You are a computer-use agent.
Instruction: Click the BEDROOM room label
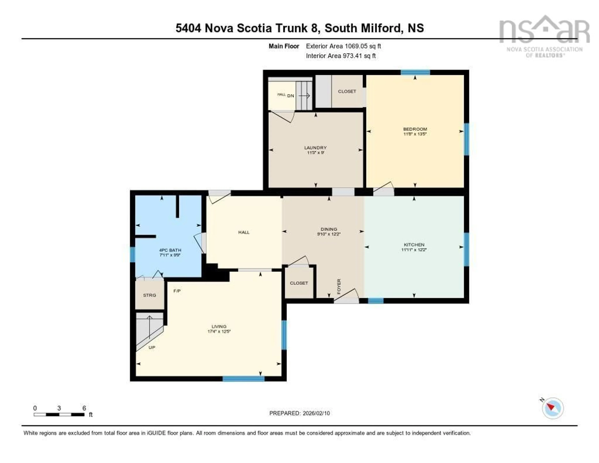tap(415, 129)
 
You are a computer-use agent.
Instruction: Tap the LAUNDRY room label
tap(315, 148)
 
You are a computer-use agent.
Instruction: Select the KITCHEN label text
tap(414, 245)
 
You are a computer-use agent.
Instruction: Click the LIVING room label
tap(219, 326)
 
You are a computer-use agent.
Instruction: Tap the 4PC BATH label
tap(170, 250)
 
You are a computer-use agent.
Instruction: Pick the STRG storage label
tap(149, 295)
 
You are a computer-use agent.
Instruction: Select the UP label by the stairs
tap(152, 347)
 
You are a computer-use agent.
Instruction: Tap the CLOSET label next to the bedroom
tap(347, 91)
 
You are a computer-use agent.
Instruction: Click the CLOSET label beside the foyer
tap(299, 283)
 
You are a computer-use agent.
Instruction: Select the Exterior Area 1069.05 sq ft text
tap(343, 46)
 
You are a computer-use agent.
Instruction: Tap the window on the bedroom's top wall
tap(415, 72)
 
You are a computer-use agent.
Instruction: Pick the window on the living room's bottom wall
tap(243, 379)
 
